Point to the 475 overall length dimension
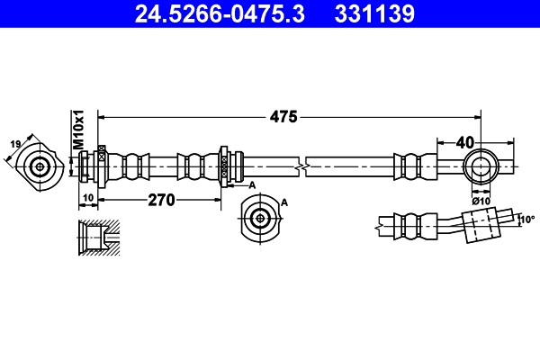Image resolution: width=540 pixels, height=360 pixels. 285,116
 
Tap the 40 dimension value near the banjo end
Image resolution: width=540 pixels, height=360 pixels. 465,141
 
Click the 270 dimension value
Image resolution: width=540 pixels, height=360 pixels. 161,199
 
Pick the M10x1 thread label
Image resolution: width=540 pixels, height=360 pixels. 78,130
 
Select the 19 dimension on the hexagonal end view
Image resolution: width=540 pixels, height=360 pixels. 16,144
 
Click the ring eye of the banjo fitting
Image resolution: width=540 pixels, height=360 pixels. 480,166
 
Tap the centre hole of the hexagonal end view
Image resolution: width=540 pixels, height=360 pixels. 40,166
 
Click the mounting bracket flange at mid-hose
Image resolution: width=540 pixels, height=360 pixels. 225,166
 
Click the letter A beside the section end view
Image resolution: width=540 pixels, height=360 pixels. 284,203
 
